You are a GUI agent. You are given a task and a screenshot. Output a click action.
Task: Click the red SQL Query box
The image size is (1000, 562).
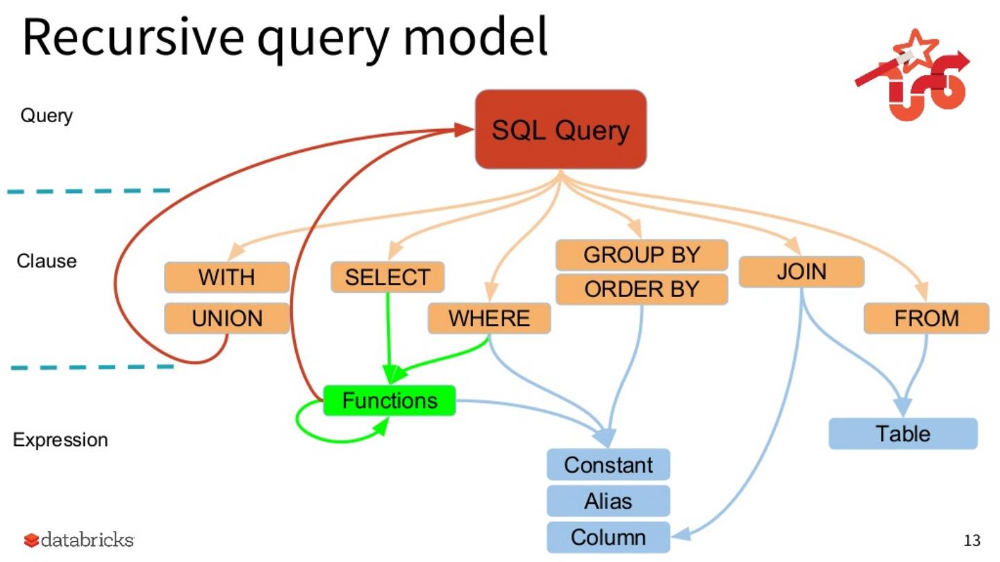click(560, 130)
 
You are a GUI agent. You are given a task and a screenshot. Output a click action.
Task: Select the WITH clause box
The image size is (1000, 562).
click(226, 278)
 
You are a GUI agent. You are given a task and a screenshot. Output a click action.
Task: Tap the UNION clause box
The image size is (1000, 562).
click(226, 318)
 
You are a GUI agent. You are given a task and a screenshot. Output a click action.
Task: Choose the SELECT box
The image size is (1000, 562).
click(387, 278)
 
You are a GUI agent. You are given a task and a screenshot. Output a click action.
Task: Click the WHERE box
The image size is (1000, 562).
click(489, 318)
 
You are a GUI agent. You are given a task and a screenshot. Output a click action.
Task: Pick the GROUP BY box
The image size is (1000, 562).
click(642, 255)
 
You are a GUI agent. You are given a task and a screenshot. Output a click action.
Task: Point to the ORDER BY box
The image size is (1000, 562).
click(642, 289)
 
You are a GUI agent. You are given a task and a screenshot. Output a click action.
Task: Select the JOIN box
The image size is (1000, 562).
click(801, 271)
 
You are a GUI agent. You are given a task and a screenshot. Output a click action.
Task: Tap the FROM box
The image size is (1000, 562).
click(926, 318)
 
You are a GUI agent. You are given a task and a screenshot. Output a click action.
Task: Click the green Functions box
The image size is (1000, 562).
click(390, 400)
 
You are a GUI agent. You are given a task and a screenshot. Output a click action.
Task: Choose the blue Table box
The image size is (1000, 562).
click(903, 434)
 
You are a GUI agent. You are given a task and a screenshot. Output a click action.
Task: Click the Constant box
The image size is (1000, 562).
click(608, 465)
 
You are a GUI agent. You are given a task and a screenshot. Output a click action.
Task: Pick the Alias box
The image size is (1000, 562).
click(608, 501)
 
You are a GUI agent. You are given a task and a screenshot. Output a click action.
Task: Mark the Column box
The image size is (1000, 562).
click(608, 537)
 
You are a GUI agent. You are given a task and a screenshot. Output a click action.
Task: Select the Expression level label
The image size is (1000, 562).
click(60, 440)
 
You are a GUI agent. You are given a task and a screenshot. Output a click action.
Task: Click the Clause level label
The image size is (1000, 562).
click(47, 262)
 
